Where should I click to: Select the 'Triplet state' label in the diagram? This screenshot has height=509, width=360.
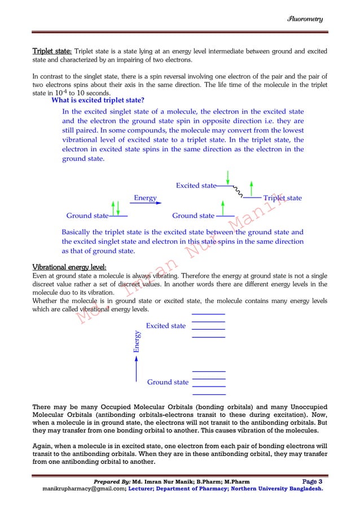click(x=282, y=198)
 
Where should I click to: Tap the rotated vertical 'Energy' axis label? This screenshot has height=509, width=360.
click(x=136, y=342)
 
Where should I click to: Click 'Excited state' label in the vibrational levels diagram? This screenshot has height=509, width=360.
click(x=165, y=326)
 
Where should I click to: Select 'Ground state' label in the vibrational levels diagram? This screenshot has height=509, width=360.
click(x=168, y=382)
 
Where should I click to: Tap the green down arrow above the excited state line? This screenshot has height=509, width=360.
click(x=227, y=176)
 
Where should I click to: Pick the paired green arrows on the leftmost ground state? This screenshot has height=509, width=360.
click(x=116, y=208)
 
